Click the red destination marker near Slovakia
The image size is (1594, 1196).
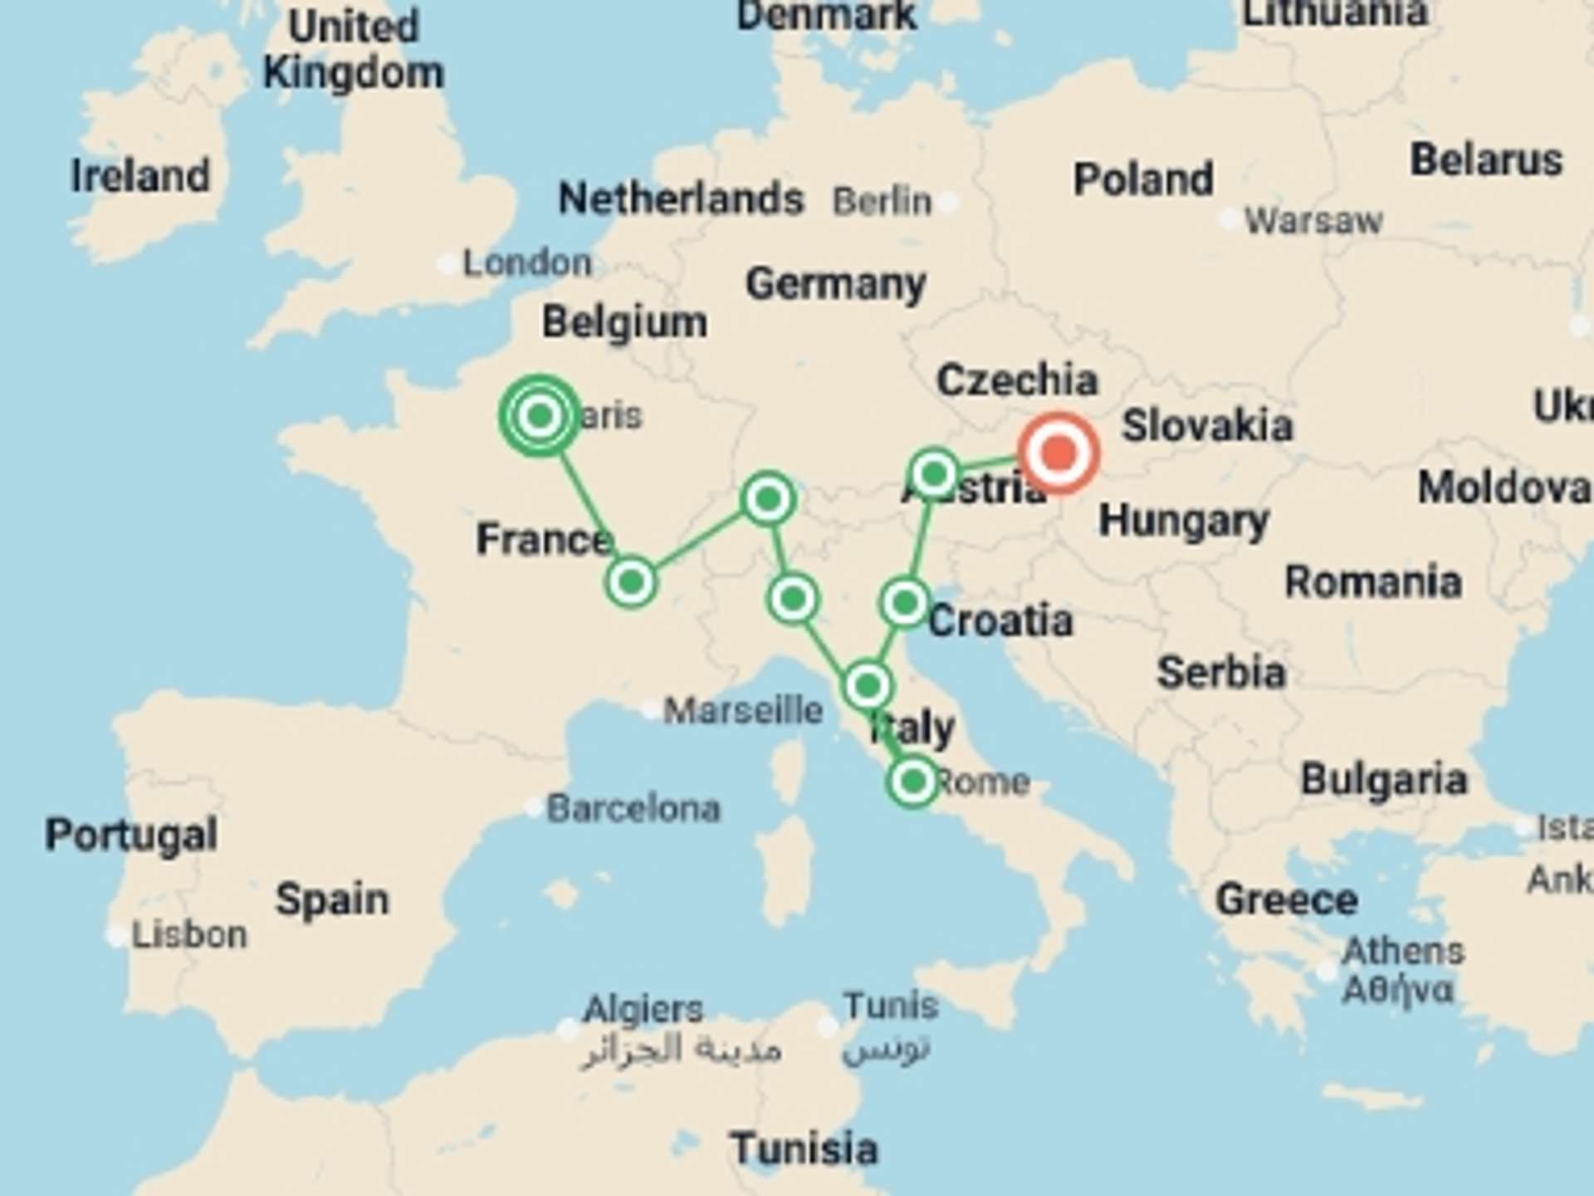coord(1059,453)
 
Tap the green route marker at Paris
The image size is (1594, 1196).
coord(540,414)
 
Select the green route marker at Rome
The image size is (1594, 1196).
coord(913,782)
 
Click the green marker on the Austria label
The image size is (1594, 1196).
coord(934,474)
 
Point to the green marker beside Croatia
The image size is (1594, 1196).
coord(904,602)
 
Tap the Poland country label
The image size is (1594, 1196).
coord(1143,179)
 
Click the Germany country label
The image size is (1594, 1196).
coord(835,284)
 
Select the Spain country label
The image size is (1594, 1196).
coord(332,899)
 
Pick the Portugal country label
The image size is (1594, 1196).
coord(131,835)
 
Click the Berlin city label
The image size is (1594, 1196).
coord(882,201)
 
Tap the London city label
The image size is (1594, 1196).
coord(526,263)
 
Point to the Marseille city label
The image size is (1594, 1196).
coord(743,711)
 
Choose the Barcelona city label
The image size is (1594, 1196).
coord(633,808)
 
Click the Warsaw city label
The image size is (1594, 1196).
coord(1313,221)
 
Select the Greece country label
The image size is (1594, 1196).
coord(1286,899)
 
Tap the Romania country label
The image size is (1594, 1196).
coord(1373,582)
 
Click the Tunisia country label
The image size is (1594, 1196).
coord(804,1149)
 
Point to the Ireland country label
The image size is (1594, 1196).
coord(140,176)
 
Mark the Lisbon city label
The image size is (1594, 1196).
coord(189,935)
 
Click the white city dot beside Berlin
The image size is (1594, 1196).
coord(948,201)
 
